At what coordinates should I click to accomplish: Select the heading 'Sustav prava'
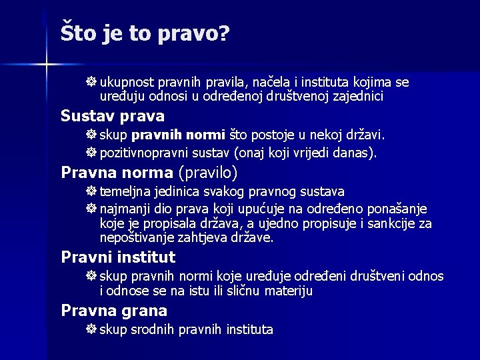[x=112, y=116]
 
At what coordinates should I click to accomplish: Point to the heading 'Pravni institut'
[x=118, y=257]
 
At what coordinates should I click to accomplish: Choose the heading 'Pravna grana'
[x=114, y=310]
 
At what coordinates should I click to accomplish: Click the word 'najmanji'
[x=125, y=209]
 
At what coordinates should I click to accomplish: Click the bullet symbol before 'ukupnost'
[x=91, y=83]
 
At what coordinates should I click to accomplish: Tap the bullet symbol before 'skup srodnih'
[x=91, y=329]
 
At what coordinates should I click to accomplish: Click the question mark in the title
[x=223, y=33]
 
